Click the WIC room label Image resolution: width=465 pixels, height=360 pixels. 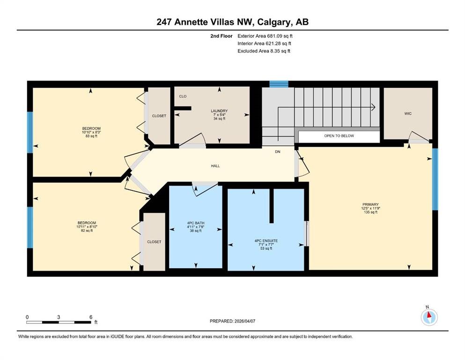pos(408,113)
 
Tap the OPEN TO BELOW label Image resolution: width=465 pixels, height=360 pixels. pos(339,136)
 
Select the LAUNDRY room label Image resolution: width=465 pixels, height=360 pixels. pos(219,111)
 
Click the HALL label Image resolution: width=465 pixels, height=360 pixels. pos(215,166)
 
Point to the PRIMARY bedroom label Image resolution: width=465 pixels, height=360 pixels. pos(370,204)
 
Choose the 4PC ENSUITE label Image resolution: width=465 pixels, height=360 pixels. pos(266,241)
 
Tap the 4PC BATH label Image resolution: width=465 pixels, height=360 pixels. pos(196,223)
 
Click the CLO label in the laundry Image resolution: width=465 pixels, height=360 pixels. pos(183,97)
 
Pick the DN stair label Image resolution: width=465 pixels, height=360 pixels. pos(278,152)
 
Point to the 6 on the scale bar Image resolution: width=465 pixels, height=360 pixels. pos(91,317)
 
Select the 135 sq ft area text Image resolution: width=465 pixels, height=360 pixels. pos(370,212)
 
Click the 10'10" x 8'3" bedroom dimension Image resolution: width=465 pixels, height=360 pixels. pos(91,132)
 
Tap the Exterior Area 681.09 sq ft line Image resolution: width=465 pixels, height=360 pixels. pos(265,36)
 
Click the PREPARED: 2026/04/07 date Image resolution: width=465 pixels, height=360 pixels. pos(232,321)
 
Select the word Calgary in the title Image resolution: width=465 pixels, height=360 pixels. pos(274,22)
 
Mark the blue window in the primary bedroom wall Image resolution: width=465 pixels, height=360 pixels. pos(435,179)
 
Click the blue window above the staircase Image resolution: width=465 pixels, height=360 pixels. pos(279,84)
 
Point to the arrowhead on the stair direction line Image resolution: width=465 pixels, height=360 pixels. pos(374,107)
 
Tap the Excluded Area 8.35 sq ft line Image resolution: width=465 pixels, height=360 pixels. pos(264,51)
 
